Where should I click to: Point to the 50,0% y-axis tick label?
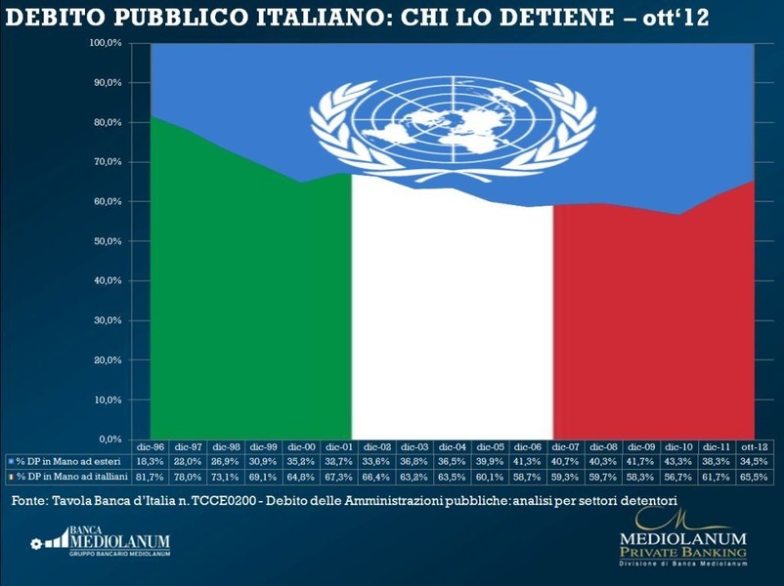click(x=108, y=241)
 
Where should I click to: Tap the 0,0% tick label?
click(x=109, y=439)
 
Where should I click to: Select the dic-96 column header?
click(x=152, y=445)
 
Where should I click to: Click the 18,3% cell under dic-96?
click(x=152, y=460)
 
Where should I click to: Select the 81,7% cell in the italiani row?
click(x=152, y=475)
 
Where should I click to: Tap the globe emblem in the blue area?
click(x=453, y=123)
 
